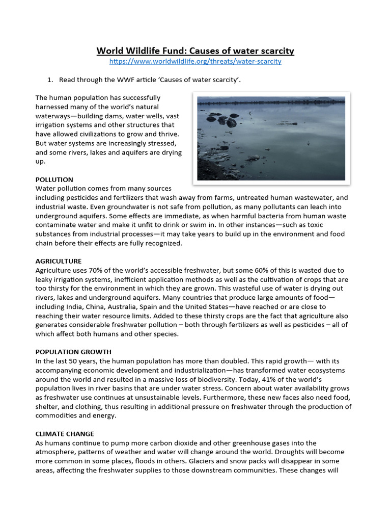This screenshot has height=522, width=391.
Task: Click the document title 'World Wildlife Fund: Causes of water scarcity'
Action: [x=195, y=51]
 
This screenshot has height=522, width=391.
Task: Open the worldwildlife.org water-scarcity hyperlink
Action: [x=195, y=62]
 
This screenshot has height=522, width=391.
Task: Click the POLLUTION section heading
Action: [x=54, y=179]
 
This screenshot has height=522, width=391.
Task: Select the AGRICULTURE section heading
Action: [x=59, y=261]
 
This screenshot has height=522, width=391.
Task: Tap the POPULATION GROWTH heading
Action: [x=73, y=352]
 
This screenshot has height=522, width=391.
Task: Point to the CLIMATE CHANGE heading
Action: [x=65, y=434]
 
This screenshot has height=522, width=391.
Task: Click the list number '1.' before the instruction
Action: [x=50, y=80]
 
